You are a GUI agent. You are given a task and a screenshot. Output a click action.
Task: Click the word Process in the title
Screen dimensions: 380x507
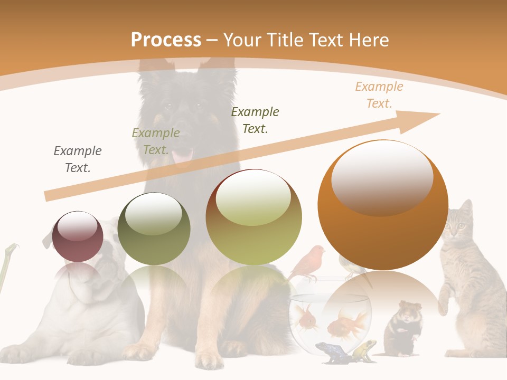166,40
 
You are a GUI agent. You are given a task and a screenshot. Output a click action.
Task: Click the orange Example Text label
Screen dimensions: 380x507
379,95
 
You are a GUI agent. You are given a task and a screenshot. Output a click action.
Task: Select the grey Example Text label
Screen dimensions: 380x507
78,159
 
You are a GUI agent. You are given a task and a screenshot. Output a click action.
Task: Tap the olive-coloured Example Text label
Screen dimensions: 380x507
156,141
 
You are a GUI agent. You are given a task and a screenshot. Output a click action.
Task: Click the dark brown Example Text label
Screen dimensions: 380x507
255,120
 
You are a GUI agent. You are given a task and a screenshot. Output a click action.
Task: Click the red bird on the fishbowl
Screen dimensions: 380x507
308,262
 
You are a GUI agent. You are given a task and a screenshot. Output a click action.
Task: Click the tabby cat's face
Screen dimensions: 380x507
456,227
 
